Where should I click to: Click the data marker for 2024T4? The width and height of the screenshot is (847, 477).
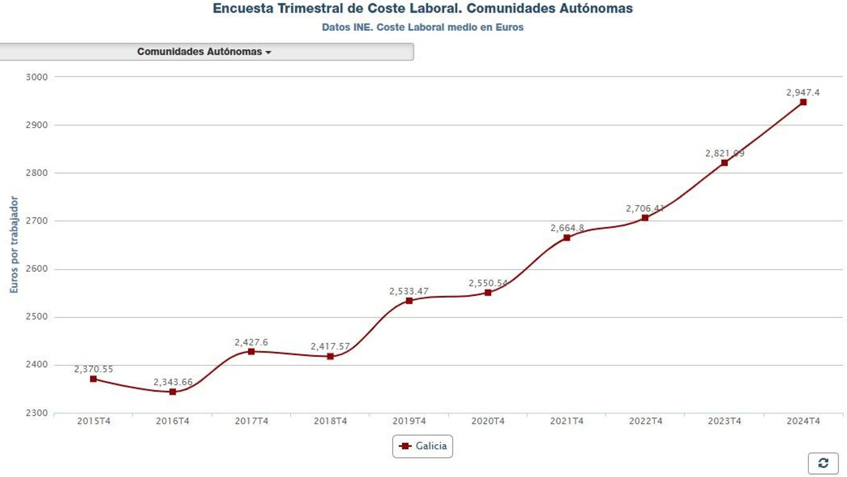pyautogui.click(x=803, y=102)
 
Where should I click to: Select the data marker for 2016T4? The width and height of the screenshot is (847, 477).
pyautogui.click(x=173, y=392)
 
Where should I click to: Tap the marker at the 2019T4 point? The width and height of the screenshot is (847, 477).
pyautogui.click(x=409, y=301)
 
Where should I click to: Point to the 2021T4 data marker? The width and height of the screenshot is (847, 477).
pyautogui.click(x=566, y=237)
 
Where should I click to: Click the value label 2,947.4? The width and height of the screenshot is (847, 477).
pyautogui.click(x=803, y=92)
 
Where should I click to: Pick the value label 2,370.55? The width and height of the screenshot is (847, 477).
pyautogui.click(x=93, y=369)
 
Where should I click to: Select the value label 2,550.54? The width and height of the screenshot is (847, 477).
pyautogui.click(x=488, y=283)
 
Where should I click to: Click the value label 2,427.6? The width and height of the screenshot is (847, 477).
pyautogui.click(x=251, y=342)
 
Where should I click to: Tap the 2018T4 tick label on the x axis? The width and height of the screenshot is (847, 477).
pyautogui.click(x=330, y=421)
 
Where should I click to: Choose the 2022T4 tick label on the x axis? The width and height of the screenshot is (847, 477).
pyautogui.click(x=645, y=421)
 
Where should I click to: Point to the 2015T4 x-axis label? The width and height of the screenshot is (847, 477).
pyautogui.click(x=94, y=421)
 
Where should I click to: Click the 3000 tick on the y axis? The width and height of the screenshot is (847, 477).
pyautogui.click(x=37, y=77)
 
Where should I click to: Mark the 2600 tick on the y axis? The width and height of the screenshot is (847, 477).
pyautogui.click(x=37, y=269)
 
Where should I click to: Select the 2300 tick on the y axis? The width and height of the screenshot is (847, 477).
pyautogui.click(x=37, y=413)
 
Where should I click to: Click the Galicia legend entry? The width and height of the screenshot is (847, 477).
pyautogui.click(x=423, y=446)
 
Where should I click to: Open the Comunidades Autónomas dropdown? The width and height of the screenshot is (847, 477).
pyautogui.click(x=204, y=51)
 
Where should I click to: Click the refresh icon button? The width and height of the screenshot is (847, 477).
pyautogui.click(x=823, y=463)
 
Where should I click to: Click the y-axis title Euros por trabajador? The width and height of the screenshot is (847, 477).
pyautogui.click(x=14, y=244)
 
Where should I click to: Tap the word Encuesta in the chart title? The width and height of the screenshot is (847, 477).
pyautogui.click(x=243, y=8)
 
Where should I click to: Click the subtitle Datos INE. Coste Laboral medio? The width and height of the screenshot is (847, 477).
pyautogui.click(x=422, y=27)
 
